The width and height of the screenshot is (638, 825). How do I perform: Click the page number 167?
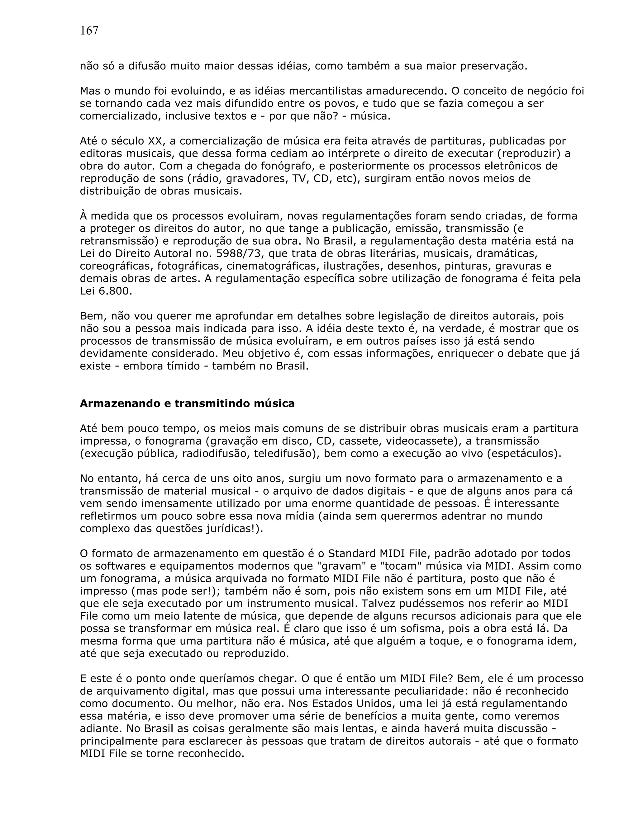click(89, 31)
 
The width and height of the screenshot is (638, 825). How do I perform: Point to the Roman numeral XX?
click(155, 141)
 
